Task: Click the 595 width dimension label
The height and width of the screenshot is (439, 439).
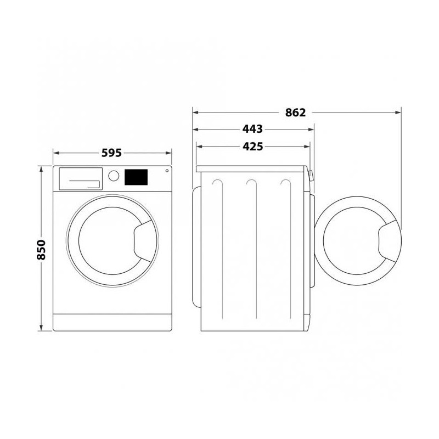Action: tap(111, 153)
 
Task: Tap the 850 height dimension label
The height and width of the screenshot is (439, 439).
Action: tap(41, 250)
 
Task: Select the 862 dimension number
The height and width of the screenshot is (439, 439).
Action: tap(295, 112)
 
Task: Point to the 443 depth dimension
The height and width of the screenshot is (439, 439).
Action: tap(252, 129)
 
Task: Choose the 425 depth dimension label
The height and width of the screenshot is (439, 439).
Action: tap(252, 147)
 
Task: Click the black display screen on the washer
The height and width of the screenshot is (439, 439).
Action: tap(136, 177)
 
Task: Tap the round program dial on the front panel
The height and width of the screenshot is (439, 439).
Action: tap(114, 176)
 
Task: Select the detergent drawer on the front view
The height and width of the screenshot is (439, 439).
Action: tap(81, 179)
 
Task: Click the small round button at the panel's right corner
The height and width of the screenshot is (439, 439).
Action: tap(167, 171)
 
